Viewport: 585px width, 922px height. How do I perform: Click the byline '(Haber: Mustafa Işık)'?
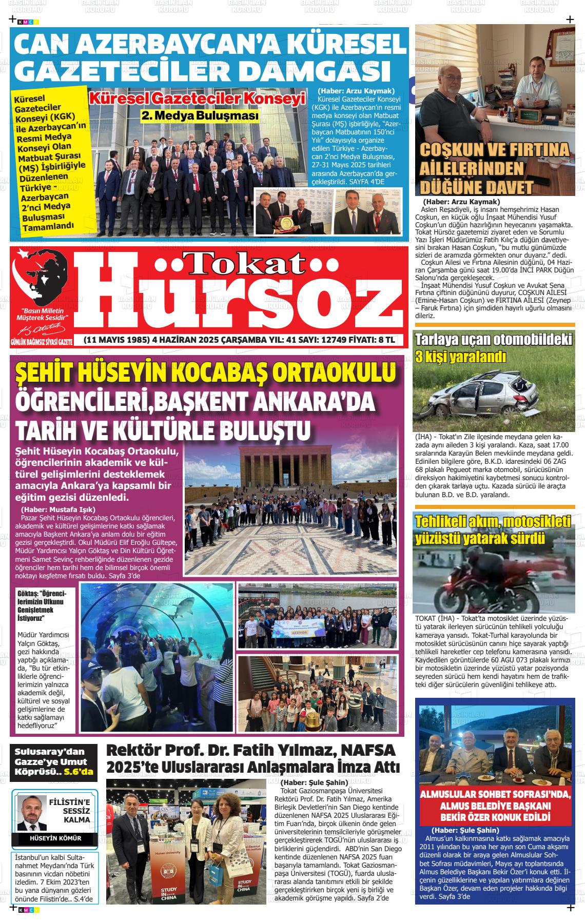pos(58,509)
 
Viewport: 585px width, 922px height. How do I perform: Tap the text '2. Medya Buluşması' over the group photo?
pos(200,116)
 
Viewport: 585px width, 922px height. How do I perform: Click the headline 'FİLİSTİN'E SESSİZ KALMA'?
pos(69,810)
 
